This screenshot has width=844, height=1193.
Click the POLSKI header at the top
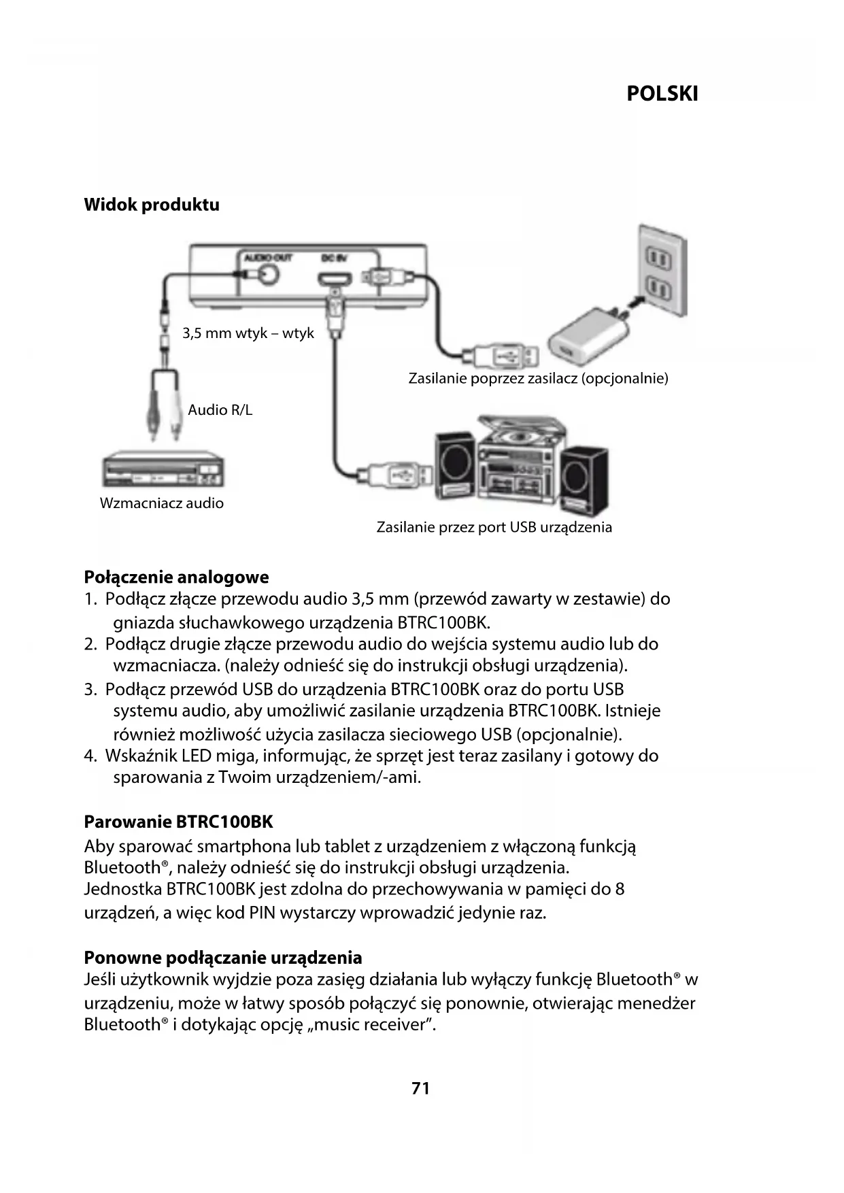[662, 94]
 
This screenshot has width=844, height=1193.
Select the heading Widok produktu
[151, 205]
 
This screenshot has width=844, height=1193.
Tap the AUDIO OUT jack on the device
[266, 274]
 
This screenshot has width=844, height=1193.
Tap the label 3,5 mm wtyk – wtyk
[248, 333]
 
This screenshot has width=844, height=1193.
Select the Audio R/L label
[220, 409]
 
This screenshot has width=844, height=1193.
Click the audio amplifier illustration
[163, 470]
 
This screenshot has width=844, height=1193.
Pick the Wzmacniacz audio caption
[161, 503]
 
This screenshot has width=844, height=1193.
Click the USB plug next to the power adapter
[501, 355]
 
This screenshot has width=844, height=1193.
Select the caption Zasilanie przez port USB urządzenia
[494, 527]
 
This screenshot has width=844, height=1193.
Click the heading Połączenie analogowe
[176, 577]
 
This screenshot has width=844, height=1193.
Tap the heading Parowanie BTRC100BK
[178, 822]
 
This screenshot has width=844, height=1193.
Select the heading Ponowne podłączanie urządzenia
[222, 958]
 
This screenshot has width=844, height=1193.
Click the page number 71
[421, 1088]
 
